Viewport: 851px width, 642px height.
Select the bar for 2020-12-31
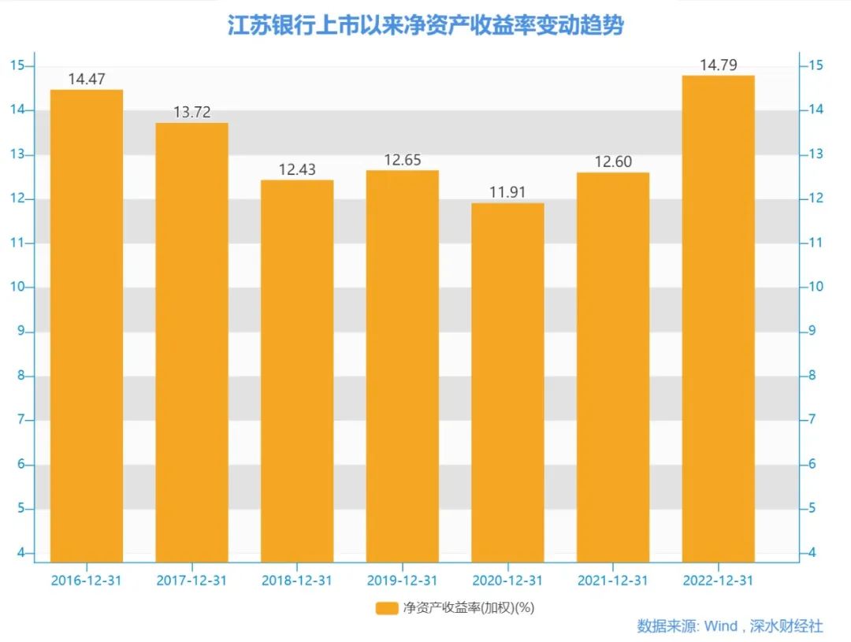coord(508,382)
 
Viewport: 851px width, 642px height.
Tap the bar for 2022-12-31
coord(718,318)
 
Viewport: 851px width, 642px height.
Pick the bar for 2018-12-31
coord(297,370)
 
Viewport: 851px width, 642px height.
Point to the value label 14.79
coord(718,65)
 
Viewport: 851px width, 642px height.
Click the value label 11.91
coord(508,192)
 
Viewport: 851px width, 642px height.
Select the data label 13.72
coord(191,112)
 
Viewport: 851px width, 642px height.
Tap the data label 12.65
coord(403,160)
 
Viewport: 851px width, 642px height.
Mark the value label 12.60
coord(613,161)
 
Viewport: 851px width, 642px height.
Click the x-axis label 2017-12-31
coord(191,581)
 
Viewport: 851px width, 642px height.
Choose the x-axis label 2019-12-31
coord(403,581)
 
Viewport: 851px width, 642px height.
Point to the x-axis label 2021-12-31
coord(613,581)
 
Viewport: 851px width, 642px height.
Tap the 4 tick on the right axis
coord(811,553)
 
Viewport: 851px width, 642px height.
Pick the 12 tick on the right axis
coord(814,199)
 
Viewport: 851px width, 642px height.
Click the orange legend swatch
coord(387,607)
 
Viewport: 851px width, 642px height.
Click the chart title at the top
coord(425,25)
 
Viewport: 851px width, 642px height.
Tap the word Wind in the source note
coord(720,626)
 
